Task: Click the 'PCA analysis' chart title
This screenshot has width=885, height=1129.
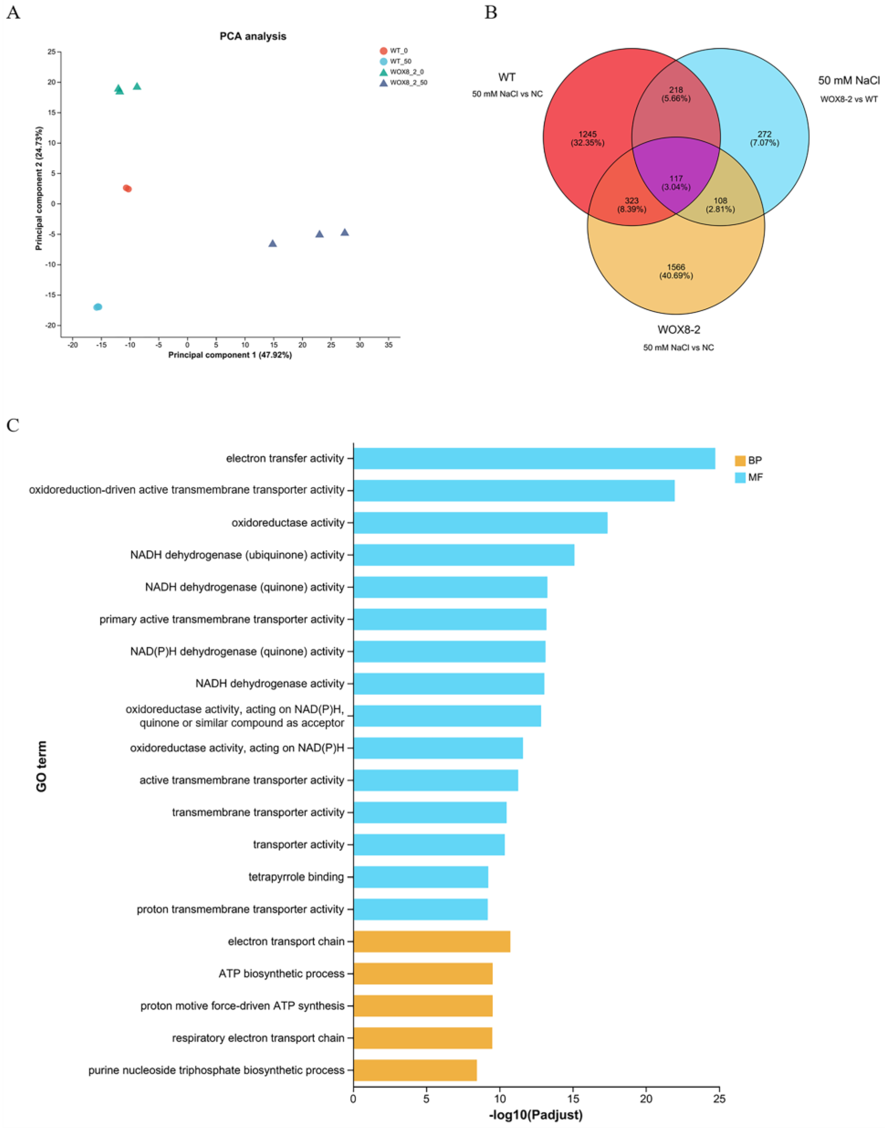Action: tap(253, 36)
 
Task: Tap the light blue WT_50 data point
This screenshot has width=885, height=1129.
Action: tap(97, 307)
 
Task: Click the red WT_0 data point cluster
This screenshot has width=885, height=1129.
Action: tap(127, 188)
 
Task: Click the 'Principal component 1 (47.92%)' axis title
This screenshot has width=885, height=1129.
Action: tap(230, 356)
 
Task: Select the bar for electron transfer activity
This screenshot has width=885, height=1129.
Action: tap(534, 458)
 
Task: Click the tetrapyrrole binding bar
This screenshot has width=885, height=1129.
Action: tap(420, 876)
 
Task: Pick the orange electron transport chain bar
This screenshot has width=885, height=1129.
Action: tap(432, 941)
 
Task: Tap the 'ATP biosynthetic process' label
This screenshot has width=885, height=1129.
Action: tap(281, 973)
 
